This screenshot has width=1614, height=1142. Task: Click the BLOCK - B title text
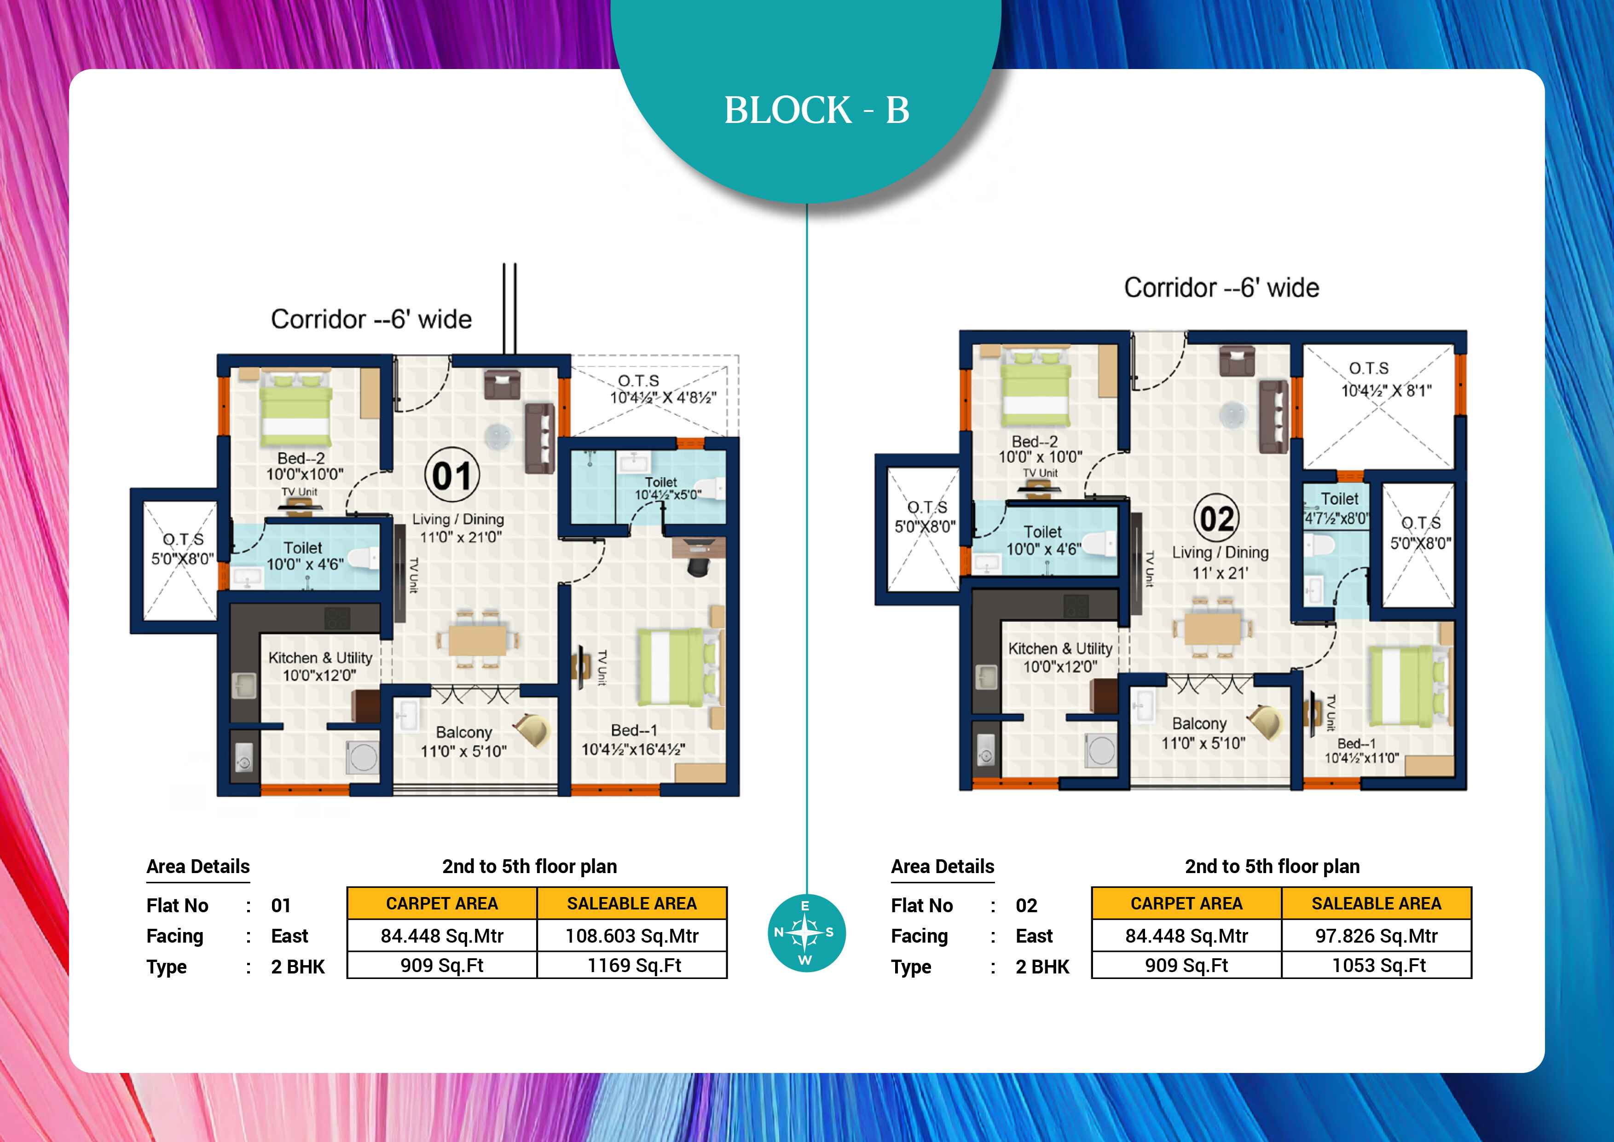pos(817,111)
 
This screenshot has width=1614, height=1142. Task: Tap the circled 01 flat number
pos(452,475)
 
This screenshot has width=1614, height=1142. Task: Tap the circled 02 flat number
pos(1216,519)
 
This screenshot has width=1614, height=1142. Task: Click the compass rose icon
pos(805,933)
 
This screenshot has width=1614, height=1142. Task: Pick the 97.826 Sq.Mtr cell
pos(1377,936)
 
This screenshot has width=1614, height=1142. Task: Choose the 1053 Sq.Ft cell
pos(1377,966)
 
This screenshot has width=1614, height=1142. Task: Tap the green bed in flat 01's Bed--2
pos(295,408)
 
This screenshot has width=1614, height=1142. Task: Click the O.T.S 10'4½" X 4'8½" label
pos(663,389)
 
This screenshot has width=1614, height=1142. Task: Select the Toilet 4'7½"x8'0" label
pos(1337,508)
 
